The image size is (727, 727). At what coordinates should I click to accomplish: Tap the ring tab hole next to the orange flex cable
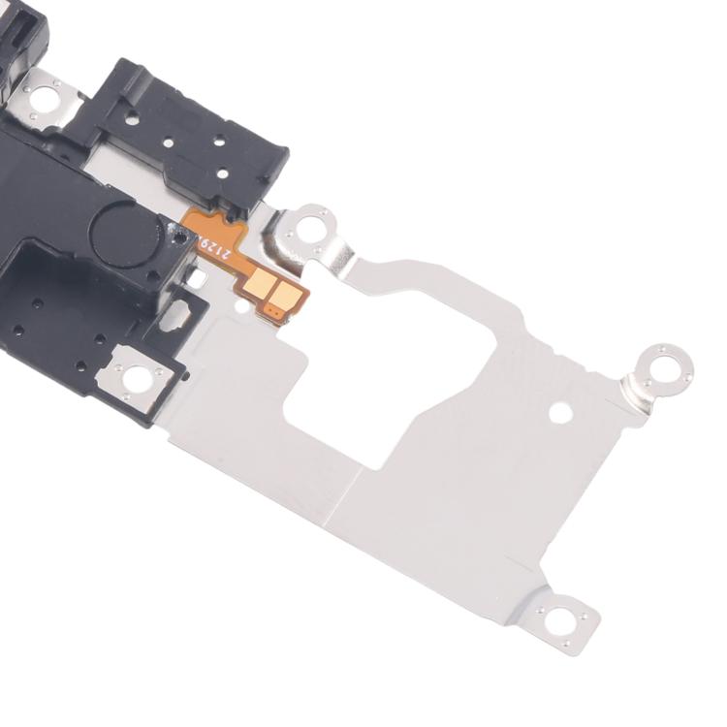310,230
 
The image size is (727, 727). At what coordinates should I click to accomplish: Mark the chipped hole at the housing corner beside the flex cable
179,237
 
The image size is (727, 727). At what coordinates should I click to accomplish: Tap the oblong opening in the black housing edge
180,312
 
